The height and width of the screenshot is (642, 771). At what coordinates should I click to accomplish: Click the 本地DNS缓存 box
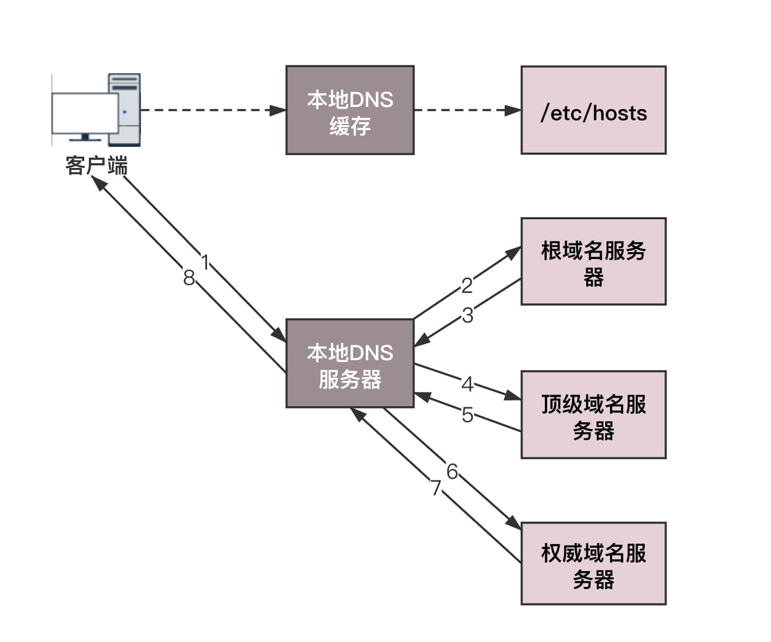coord(349,110)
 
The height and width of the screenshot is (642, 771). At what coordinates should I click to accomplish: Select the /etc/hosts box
coord(593,110)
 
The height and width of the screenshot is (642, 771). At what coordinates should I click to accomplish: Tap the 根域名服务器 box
coord(593,261)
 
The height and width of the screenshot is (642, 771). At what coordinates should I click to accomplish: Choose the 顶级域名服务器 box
coord(593,414)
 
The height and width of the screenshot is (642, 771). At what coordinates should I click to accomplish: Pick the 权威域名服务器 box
coord(593,563)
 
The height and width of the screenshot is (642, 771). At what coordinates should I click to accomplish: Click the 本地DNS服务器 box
coord(349,363)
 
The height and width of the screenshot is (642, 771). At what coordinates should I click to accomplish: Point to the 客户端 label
coord(96,166)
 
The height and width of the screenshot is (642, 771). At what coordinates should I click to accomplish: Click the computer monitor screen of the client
coord(85,113)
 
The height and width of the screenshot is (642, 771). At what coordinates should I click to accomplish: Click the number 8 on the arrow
coord(189,278)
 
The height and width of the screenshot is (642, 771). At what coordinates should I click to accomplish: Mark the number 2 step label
coord(467,286)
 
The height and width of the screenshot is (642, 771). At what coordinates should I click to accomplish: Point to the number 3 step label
coord(467,315)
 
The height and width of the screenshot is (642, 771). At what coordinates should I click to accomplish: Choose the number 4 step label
coord(467,384)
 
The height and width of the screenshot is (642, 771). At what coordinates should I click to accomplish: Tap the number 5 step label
coord(467,415)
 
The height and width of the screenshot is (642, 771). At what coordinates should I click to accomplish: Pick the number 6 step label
coord(452,471)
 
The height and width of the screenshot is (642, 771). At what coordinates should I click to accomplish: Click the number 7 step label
coord(435,487)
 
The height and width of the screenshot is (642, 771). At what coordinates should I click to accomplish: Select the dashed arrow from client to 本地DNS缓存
coord(212,110)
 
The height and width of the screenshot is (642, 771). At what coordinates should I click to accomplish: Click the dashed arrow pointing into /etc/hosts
coord(466,110)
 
